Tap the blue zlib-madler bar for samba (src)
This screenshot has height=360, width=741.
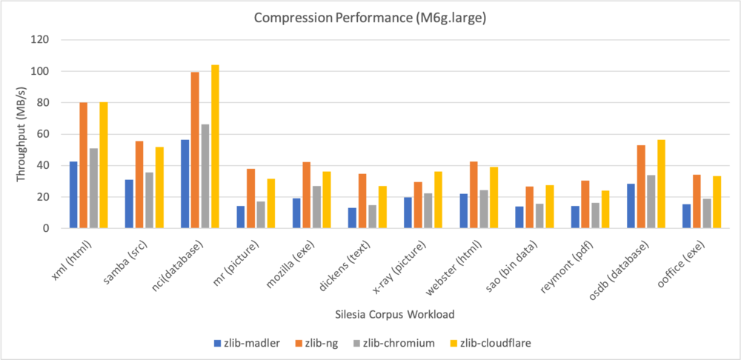click(129, 204)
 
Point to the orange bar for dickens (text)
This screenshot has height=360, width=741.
click(362, 201)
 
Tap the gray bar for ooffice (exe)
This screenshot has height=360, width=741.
click(707, 213)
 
